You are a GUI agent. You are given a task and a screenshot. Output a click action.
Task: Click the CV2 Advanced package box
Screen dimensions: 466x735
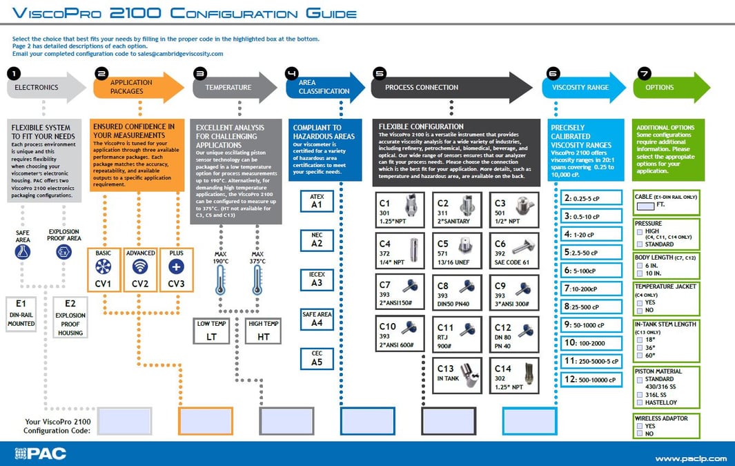pos(140,270)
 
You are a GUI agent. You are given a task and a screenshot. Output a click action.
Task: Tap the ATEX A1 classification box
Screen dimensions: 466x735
pos(317,201)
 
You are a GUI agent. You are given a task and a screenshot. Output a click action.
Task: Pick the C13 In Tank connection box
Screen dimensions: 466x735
pos(457,376)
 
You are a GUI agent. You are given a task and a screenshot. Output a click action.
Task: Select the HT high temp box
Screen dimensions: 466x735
pos(263,331)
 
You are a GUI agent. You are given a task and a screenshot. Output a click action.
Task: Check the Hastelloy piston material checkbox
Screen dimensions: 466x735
pos(640,402)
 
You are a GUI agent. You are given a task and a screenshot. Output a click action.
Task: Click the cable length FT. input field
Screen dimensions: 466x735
pos(645,205)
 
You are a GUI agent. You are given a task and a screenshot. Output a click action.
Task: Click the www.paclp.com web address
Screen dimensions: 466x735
pos(690,458)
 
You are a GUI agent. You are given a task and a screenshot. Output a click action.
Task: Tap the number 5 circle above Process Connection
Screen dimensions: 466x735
pos(379,72)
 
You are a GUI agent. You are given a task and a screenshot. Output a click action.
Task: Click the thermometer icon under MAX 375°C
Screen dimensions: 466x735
pos(257,280)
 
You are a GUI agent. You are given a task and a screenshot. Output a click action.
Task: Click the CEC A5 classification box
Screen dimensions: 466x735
pos(317,358)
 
